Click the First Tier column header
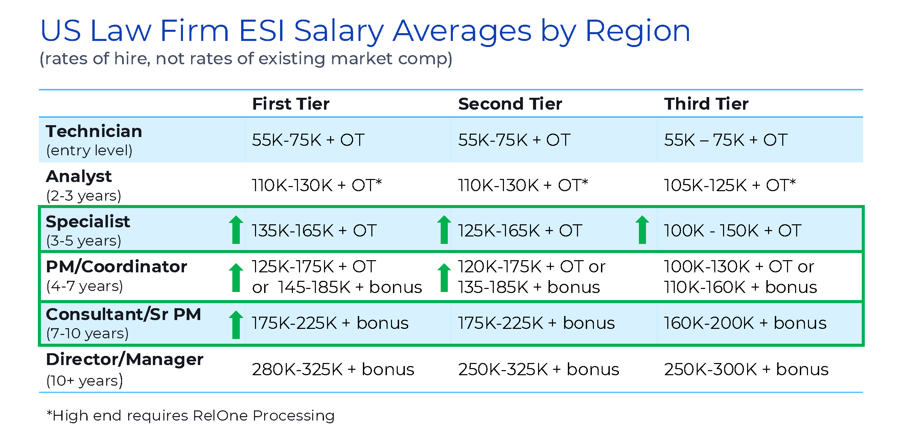point(291,104)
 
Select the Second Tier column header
point(510,104)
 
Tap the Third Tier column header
point(706,104)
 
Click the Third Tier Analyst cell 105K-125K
point(730,185)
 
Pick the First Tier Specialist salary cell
point(314,231)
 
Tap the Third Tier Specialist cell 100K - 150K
point(733,231)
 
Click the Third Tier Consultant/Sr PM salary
point(745,323)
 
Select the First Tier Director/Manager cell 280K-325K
point(333,369)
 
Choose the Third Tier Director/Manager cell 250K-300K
point(746,369)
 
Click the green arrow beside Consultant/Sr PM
point(236,324)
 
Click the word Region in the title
point(637,31)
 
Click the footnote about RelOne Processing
point(190,416)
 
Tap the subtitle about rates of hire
point(246,59)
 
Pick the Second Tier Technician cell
point(514,140)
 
